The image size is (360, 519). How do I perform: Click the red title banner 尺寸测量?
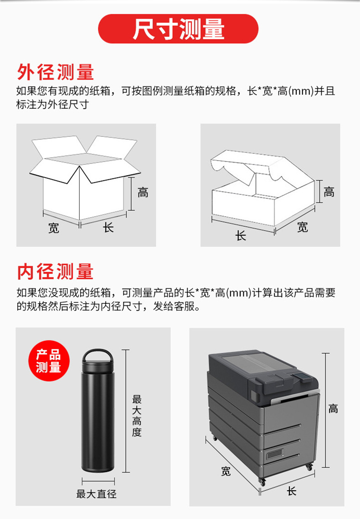(x=179, y=29)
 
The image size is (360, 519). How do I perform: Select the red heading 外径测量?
(x=55, y=72)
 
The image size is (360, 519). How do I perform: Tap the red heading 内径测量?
(x=55, y=271)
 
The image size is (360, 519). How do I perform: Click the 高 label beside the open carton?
(x=143, y=193)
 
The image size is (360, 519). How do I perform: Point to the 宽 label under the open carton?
(x=54, y=228)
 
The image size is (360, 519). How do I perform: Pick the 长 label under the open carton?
(x=108, y=227)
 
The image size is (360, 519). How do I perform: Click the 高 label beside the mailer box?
(x=329, y=192)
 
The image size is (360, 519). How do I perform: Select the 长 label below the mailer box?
(x=241, y=236)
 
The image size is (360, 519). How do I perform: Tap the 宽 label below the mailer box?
(x=303, y=227)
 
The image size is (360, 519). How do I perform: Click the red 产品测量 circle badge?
(x=49, y=361)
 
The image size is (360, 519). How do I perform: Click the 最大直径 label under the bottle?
(x=96, y=494)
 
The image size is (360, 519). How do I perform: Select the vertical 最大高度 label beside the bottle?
(x=137, y=416)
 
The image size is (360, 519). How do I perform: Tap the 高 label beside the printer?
(x=334, y=408)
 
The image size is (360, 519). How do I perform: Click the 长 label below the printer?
(x=292, y=491)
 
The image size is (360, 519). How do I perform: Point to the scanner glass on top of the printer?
(x=255, y=364)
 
